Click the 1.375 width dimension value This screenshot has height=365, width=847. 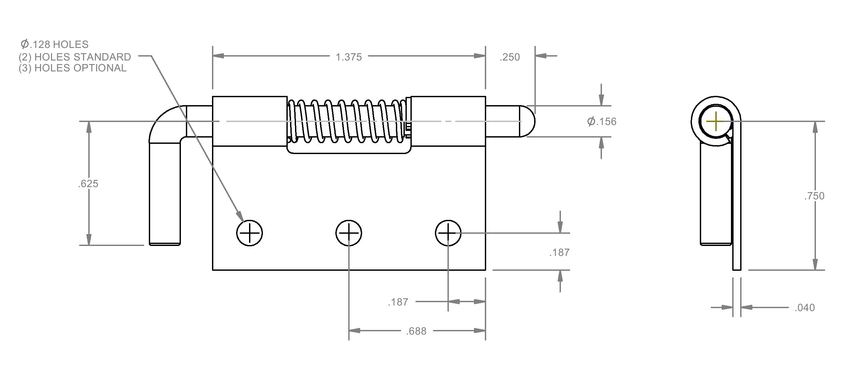click(349, 57)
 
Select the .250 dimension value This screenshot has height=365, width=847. click(510, 57)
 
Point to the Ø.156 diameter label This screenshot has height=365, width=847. click(602, 121)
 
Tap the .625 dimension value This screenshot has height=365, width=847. click(88, 183)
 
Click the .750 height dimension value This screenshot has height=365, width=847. click(814, 196)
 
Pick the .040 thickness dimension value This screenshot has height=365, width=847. click(805, 308)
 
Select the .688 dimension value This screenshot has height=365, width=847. click(416, 331)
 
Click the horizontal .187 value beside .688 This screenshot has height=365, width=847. click(398, 302)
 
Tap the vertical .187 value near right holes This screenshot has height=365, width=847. click(559, 253)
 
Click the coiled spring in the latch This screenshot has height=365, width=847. click(347, 121)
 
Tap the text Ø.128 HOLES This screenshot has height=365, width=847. click(54, 44)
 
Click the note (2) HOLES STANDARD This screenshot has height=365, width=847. click(75, 57)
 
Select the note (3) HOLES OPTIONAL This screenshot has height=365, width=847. click(72, 68)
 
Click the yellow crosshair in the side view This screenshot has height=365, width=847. click(715, 121)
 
